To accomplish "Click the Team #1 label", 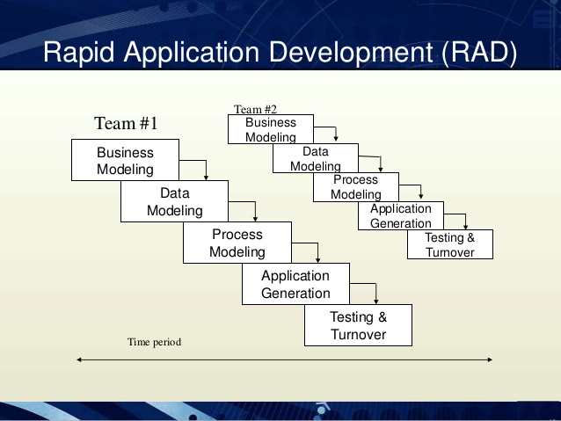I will (x=126, y=124).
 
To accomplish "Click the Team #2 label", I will (x=256, y=109).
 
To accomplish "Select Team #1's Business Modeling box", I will (x=125, y=161).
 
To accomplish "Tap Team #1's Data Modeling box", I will (x=174, y=202).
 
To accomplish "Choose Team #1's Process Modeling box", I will (x=237, y=243).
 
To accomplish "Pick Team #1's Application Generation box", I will (x=295, y=285).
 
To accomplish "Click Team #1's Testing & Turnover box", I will (x=358, y=325).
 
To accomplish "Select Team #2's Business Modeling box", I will (x=271, y=129).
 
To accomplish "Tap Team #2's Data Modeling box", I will (x=315, y=159).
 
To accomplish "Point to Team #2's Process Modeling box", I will (x=356, y=187).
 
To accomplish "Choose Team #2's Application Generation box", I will (x=400, y=216).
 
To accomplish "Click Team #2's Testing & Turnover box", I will (x=449, y=245).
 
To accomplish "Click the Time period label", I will (x=155, y=341).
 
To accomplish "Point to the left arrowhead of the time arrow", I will (x=80, y=359).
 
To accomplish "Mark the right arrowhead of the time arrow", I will (x=490, y=359).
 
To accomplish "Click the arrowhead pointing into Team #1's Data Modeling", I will (x=205, y=177).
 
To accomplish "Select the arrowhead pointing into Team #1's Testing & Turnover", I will (x=375, y=301).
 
